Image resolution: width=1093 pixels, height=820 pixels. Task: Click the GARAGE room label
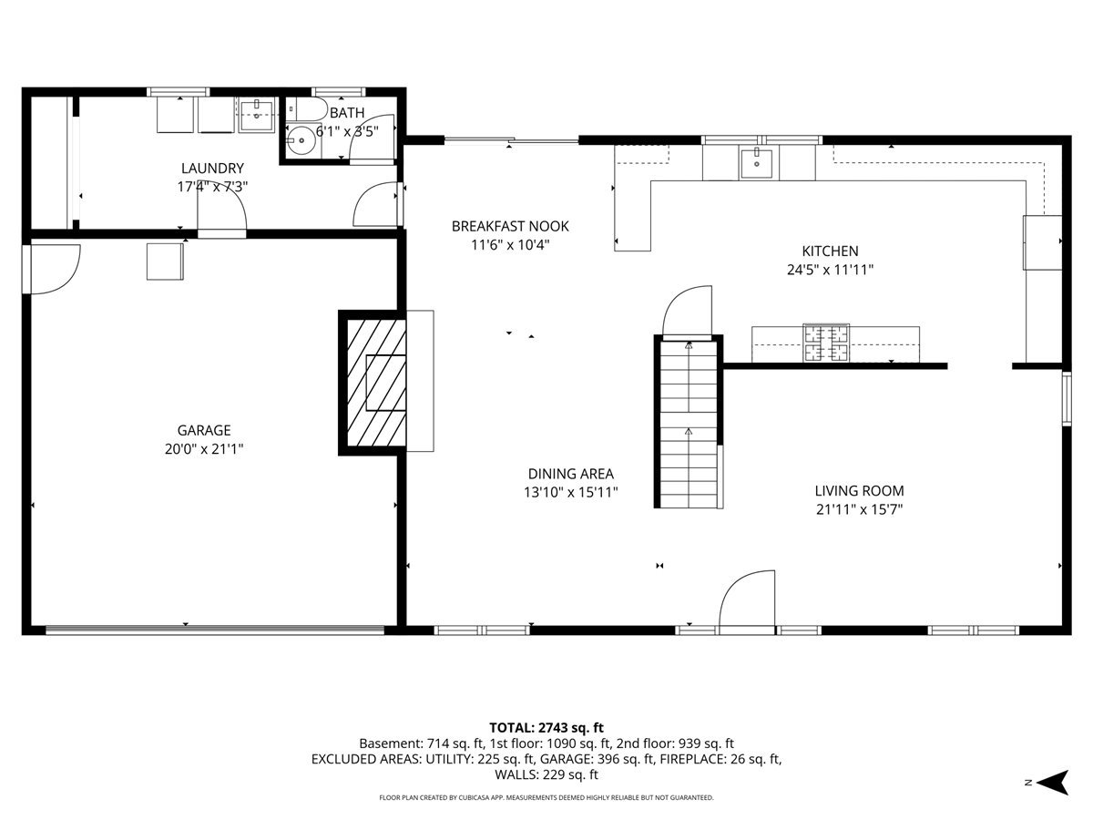pyautogui.click(x=204, y=430)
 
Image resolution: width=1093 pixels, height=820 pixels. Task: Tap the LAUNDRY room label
pyautogui.click(x=212, y=169)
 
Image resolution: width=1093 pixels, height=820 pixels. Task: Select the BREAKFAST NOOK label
pyautogui.click(x=510, y=227)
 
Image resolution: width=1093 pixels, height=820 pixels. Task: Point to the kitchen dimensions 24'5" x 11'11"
pyautogui.click(x=830, y=270)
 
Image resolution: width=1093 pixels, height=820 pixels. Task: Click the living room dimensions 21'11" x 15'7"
pyautogui.click(x=859, y=510)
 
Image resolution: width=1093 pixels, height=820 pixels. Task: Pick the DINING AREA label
pyautogui.click(x=571, y=474)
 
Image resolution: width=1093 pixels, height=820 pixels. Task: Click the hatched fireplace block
pyautogui.click(x=373, y=383)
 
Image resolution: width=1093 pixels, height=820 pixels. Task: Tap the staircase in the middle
pyautogui.click(x=689, y=422)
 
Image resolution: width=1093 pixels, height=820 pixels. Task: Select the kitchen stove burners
pyautogui.click(x=826, y=343)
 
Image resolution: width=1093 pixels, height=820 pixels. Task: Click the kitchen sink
pyautogui.click(x=756, y=163)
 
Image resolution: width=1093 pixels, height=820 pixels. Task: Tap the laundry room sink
pyautogui.click(x=257, y=115)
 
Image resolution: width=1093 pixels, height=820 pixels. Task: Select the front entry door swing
pyautogui.click(x=747, y=602)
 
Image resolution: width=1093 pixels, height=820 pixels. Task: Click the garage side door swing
pyautogui.click(x=52, y=269)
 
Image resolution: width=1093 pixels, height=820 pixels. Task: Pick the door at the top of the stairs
pyautogui.click(x=687, y=313)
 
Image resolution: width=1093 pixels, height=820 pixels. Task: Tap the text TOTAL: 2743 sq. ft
pyautogui.click(x=546, y=728)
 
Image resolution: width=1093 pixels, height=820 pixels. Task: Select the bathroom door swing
pyautogui.click(x=372, y=139)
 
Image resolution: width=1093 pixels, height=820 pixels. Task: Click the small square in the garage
pyautogui.click(x=165, y=261)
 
